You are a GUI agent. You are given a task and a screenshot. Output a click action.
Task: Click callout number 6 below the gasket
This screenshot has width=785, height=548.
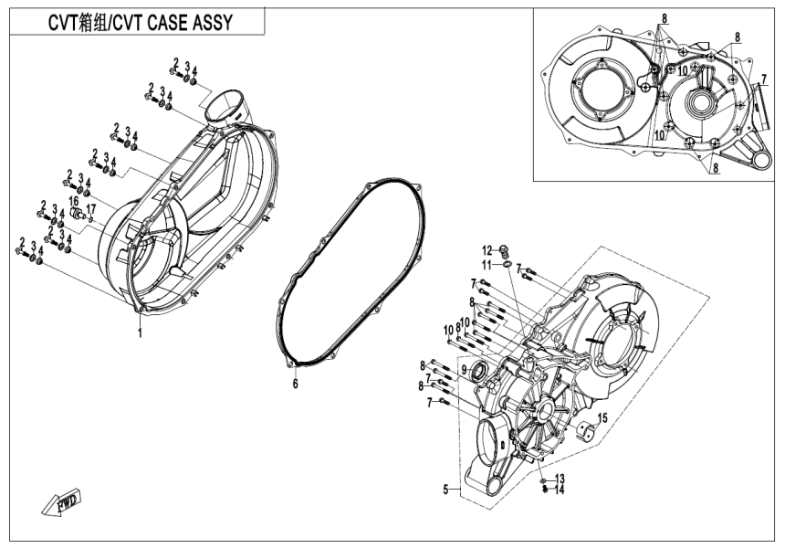tap(295, 385)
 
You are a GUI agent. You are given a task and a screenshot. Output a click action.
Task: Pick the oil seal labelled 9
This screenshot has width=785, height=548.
tap(478, 371)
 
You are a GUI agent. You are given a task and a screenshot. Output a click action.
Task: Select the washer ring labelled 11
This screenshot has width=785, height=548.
tap(505, 266)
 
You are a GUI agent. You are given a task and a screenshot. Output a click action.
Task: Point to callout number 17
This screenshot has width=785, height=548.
tap(90, 209)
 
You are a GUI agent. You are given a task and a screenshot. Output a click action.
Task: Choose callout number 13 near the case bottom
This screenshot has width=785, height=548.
tap(560, 479)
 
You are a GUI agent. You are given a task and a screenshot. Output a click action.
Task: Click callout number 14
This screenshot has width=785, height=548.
tap(560, 490)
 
